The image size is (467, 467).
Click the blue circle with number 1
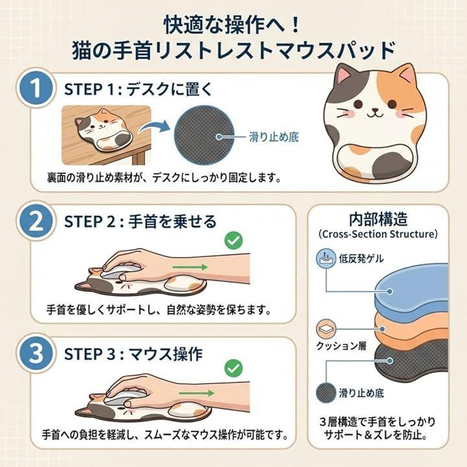[x=36, y=88]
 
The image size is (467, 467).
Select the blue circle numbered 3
[x=36, y=353]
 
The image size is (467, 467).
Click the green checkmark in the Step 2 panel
[x=233, y=241]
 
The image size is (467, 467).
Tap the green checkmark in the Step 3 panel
[x=233, y=368]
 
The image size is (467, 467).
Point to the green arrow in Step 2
[x=190, y=267]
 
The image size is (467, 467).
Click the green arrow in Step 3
[x=197, y=393]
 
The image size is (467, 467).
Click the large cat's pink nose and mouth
[x=374, y=112]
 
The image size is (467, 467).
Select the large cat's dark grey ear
[x=344, y=75]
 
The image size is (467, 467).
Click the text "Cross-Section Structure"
[x=378, y=234]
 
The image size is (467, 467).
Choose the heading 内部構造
[x=378, y=219]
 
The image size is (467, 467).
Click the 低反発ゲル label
[x=361, y=259]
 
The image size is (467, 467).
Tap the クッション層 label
[x=341, y=346]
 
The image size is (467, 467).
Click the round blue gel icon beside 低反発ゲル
[x=326, y=258]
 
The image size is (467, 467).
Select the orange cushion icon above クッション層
[x=326, y=329]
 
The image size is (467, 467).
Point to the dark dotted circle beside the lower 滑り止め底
[x=326, y=393]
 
